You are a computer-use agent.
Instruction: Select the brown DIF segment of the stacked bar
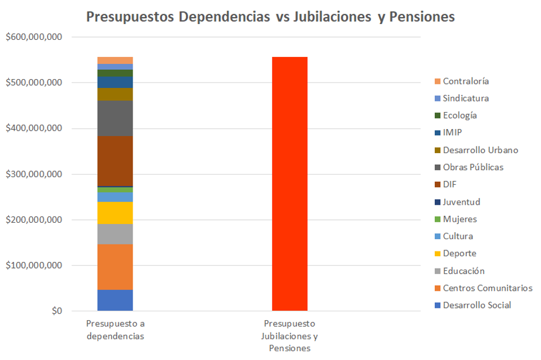[x=115, y=161]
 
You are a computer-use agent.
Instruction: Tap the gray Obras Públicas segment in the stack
[x=115, y=118]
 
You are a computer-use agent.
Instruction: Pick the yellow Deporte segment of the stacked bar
[x=115, y=212]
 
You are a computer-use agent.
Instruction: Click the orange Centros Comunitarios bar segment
[x=115, y=267]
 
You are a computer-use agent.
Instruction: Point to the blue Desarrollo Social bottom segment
[x=115, y=300]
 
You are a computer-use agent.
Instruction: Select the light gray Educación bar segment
[x=115, y=233]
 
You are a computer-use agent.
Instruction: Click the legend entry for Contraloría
[x=465, y=81]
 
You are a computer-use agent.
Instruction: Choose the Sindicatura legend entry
[x=465, y=98]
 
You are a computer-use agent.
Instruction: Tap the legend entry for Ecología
[x=459, y=116]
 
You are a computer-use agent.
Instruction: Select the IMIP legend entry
[x=452, y=133]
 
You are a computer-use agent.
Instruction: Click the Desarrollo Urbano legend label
[x=480, y=150]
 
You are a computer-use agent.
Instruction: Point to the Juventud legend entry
[x=461, y=202]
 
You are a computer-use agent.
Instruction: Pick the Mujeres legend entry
[x=459, y=219]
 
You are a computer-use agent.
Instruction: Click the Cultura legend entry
[x=458, y=236]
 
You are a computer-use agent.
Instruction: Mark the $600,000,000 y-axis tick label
[x=33, y=37]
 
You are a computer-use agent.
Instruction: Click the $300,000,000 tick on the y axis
[x=33, y=174]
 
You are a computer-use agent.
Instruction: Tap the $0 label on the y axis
[x=56, y=311]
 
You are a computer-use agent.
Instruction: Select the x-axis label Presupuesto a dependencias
[x=115, y=330]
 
